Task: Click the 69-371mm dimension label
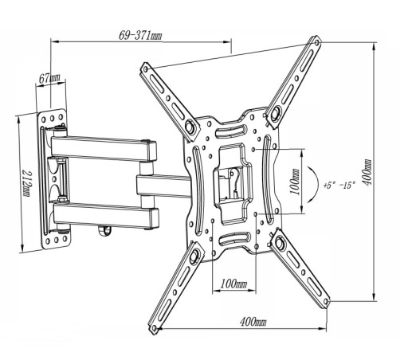coord(140,36)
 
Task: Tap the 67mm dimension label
coord(49,78)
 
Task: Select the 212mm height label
coord(26,183)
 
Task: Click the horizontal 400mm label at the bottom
coord(253,322)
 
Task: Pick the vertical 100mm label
coord(295,182)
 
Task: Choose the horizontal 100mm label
coord(233,284)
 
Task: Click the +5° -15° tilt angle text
coord(339,185)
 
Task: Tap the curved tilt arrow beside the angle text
coord(318,184)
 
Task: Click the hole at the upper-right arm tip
coord(316,42)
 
